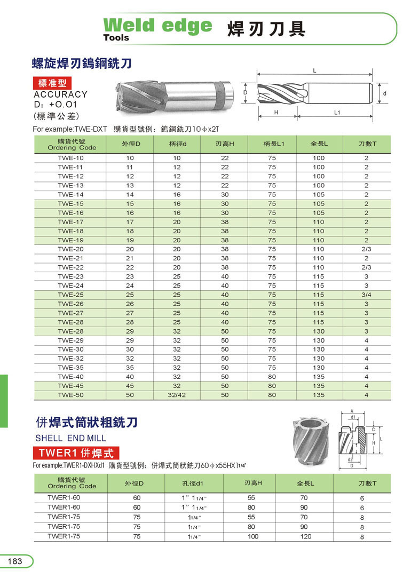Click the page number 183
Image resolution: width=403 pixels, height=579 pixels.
click(x=15, y=561)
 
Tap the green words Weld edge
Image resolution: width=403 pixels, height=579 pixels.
click(x=157, y=25)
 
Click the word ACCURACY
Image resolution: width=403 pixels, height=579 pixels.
click(x=60, y=94)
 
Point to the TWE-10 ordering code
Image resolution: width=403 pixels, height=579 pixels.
click(x=71, y=158)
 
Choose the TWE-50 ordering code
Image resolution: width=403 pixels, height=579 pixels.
click(x=71, y=395)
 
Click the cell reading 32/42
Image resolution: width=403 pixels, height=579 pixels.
click(x=177, y=395)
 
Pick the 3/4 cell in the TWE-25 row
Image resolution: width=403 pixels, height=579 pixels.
click(x=367, y=295)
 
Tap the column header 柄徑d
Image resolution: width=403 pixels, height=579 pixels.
click(x=177, y=144)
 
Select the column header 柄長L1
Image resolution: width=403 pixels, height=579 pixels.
click(x=272, y=144)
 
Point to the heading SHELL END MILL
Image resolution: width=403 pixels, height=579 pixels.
click(x=70, y=438)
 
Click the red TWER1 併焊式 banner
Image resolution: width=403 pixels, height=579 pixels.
click(x=76, y=454)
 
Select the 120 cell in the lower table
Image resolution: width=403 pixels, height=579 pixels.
click(x=305, y=536)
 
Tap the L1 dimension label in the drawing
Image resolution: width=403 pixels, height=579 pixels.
click(x=337, y=113)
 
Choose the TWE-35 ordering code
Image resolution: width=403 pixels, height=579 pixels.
click(x=71, y=367)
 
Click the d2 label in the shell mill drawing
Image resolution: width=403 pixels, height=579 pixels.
click(x=350, y=459)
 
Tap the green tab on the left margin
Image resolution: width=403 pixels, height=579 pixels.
click(x=4, y=401)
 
